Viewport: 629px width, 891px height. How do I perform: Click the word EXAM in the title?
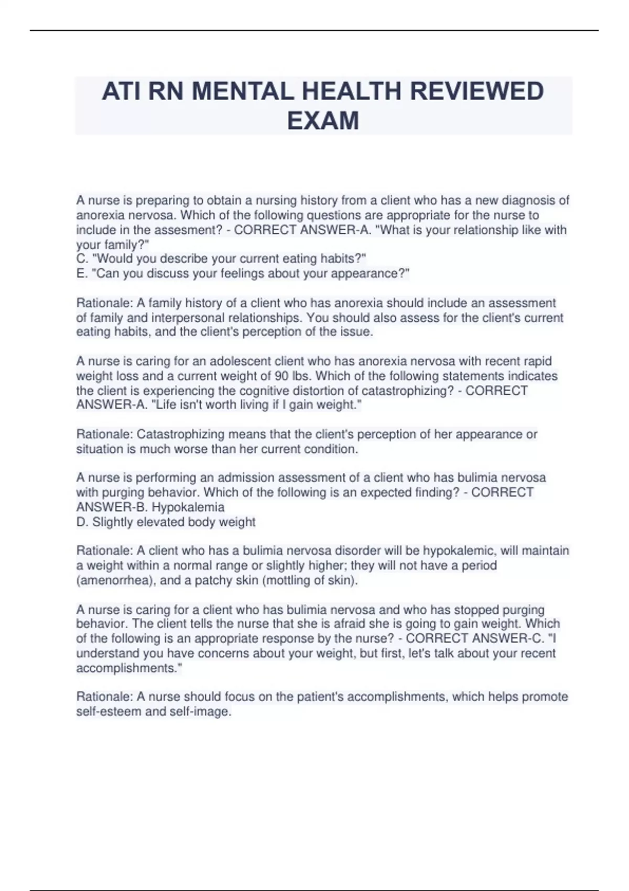323,121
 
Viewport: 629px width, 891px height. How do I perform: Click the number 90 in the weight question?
280,376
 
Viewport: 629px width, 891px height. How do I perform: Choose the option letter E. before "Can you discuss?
82,274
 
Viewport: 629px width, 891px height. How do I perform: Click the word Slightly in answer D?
112,522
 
